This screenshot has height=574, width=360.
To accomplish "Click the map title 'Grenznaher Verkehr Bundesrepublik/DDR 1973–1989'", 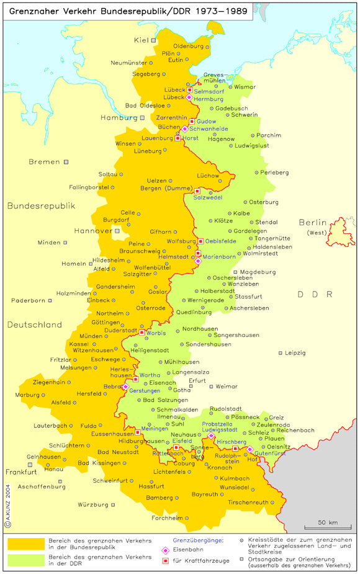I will (x=128, y=11).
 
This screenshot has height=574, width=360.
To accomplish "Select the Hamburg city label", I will (x=119, y=117).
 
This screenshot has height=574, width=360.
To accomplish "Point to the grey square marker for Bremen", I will (x=66, y=162).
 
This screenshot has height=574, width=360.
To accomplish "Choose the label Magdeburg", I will (x=258, y=272).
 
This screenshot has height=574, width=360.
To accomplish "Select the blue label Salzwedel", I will (x=207, y=198).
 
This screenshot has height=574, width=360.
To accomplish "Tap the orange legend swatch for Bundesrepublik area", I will (x=25, y=544).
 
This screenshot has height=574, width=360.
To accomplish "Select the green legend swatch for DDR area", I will (x=25, y=560).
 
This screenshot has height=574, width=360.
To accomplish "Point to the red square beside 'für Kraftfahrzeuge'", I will (x=165, y=561).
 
